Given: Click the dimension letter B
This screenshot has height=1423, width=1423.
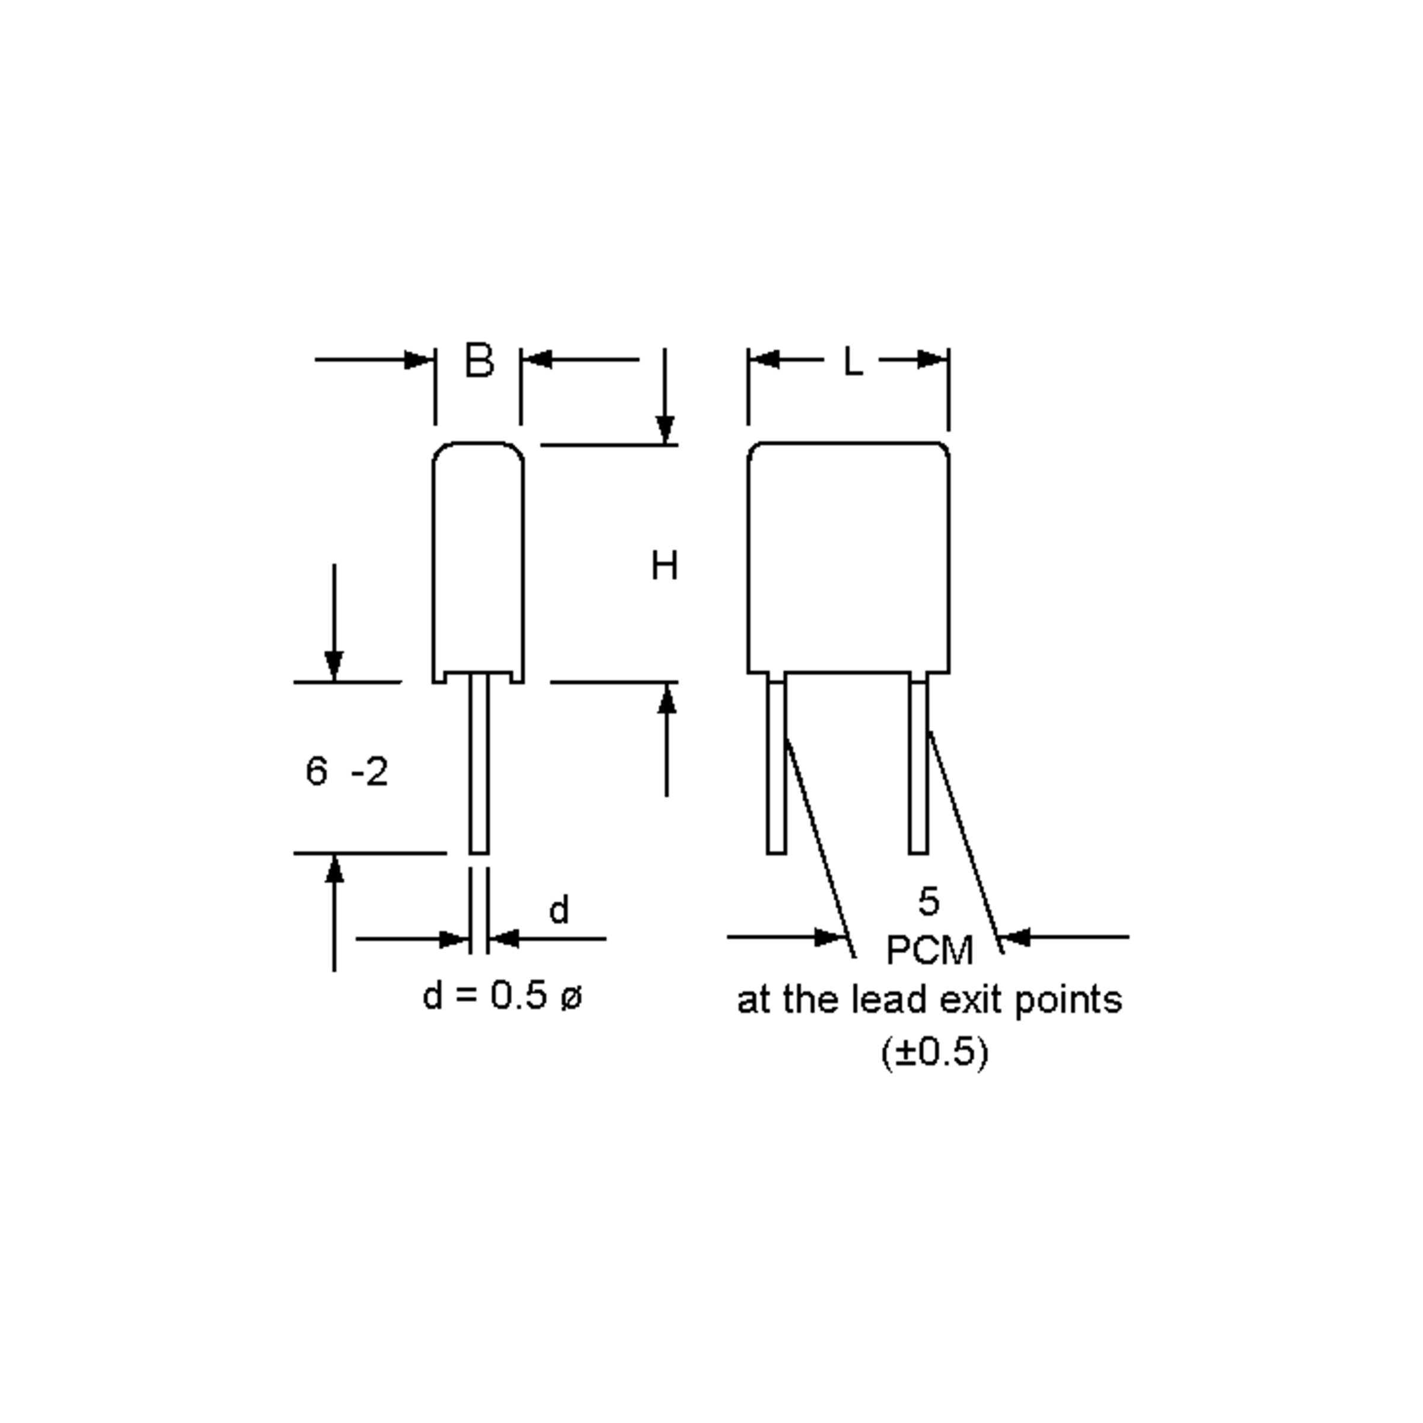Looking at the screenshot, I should (480, 361).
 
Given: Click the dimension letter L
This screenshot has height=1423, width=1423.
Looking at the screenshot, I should (852, 362).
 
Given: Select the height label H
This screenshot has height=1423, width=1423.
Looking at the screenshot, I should (664, 566).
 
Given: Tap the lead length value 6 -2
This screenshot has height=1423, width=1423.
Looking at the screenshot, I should (346, 772).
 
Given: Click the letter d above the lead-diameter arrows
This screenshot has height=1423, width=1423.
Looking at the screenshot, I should (559, 910).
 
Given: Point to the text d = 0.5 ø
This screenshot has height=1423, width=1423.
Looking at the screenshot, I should (502, 997).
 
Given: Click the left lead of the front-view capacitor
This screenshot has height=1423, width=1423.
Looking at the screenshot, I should (776, 766).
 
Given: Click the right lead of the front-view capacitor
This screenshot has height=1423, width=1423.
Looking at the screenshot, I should (918, 766).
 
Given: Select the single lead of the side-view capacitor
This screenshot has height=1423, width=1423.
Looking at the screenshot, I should (478, 766).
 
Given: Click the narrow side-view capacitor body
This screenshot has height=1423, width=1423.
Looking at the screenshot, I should (478, 560).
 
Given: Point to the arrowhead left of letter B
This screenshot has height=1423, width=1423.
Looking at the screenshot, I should (420, 360).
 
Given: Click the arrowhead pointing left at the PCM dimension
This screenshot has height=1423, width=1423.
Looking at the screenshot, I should (1016, 937).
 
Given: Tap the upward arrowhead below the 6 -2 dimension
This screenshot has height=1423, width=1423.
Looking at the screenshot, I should (334, 869).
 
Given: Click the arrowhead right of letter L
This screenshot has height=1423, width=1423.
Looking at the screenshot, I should (933, 360).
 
